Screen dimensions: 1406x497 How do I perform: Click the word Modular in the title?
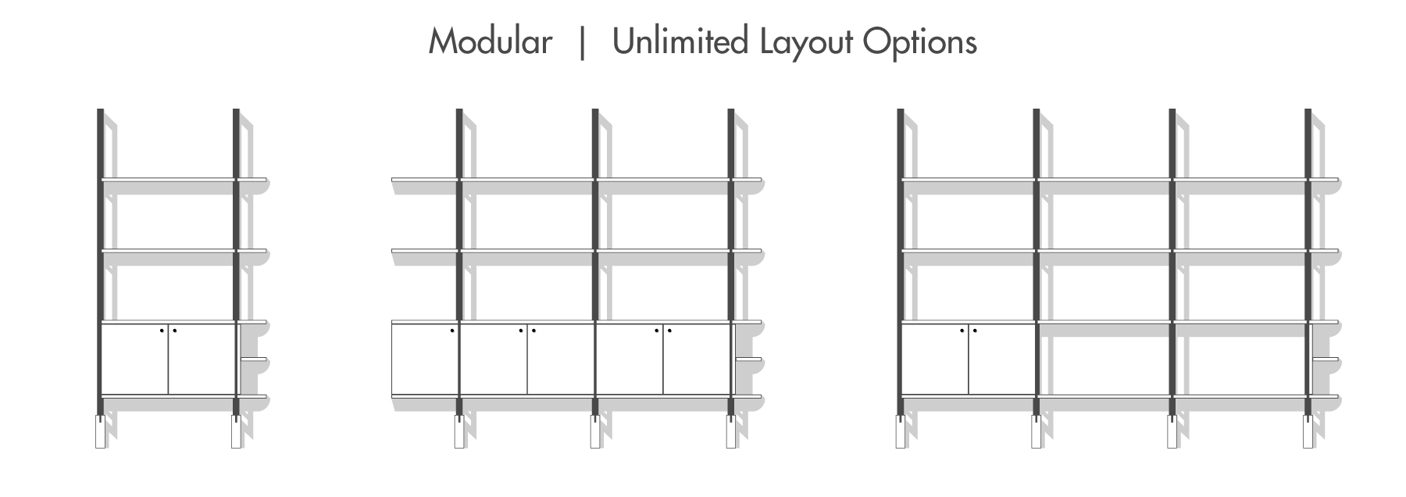(490, 41)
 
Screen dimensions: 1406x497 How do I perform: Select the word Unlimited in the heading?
(680, 41)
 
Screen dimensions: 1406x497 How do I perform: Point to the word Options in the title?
(919, 41)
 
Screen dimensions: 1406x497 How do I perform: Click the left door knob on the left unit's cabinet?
(162, 331)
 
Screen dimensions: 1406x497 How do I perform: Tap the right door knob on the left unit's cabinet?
(174, 331)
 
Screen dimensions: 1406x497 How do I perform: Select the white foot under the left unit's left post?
(100, 431)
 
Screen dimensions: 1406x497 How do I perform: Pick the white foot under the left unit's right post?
(236, 431)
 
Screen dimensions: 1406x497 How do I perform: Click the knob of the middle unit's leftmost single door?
(452, 331)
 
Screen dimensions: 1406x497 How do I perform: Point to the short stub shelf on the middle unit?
(748, 359)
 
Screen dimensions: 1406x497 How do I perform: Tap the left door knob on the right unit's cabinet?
(962, 331)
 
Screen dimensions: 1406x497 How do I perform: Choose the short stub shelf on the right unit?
(1326, 359)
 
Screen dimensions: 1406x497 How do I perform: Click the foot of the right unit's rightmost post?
(1308, 431)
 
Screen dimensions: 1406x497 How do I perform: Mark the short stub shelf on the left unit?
(253, 359)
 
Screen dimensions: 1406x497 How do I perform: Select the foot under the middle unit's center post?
(595, 431)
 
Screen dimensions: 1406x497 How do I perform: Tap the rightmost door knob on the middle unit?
(669, 331)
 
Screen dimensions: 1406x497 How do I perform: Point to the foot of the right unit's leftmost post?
(901, 431)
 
